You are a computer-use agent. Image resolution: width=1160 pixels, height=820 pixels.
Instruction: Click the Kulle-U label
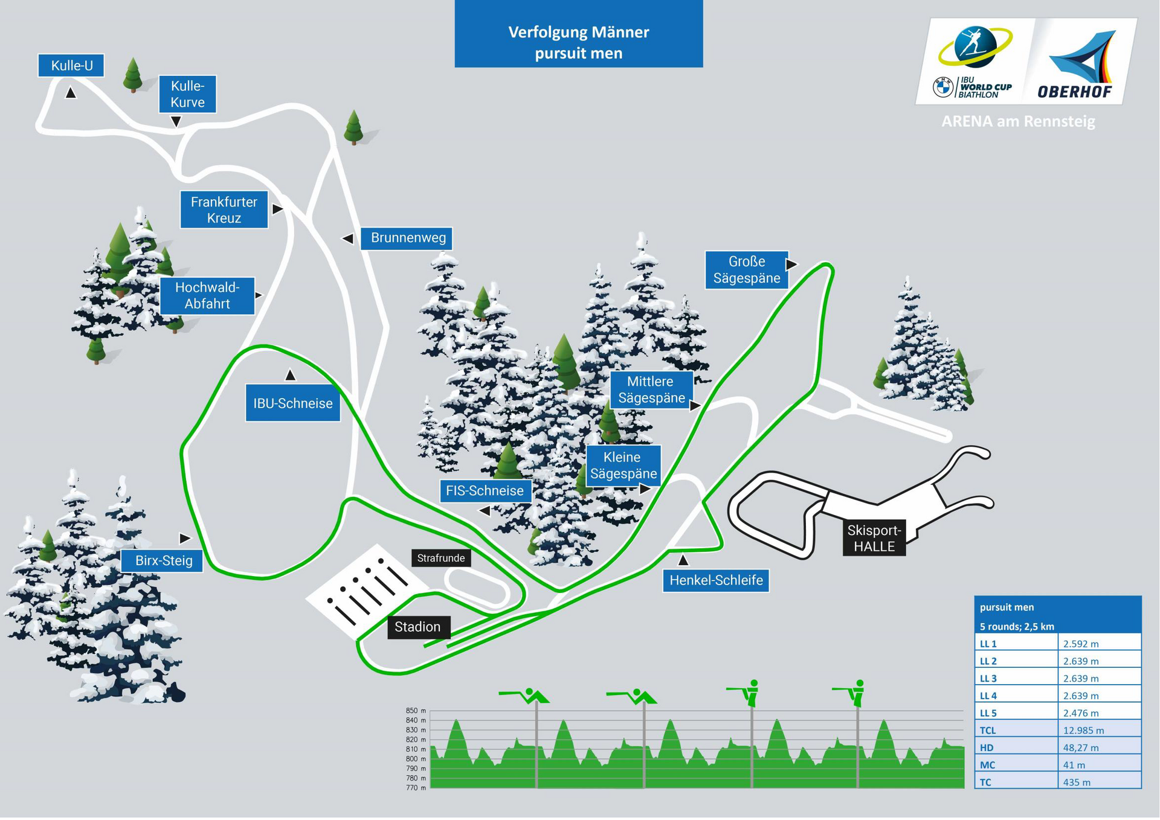71,66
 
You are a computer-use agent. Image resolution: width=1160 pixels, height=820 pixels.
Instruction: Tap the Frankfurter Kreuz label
224,210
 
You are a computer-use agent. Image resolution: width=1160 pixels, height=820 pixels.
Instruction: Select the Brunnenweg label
408,239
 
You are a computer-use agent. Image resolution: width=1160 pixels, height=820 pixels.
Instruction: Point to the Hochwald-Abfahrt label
207,296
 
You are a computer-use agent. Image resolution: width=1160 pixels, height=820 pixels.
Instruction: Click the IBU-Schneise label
293,404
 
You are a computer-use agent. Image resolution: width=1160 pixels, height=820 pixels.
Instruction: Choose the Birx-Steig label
163,561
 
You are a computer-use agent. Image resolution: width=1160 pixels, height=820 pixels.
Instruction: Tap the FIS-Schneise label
485,491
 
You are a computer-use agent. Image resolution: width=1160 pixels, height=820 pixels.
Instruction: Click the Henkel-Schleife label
716,581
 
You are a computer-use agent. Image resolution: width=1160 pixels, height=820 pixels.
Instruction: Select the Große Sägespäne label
747,270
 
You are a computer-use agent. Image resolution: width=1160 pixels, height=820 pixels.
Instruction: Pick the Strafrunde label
441,559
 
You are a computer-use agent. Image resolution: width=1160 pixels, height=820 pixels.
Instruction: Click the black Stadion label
417,627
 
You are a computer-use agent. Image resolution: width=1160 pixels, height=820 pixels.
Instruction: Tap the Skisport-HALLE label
874,539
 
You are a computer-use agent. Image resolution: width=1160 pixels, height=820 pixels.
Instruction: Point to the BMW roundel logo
942,88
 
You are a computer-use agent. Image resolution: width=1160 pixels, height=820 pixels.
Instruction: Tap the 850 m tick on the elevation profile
416,711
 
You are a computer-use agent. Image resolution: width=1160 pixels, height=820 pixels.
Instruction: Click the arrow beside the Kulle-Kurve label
176,122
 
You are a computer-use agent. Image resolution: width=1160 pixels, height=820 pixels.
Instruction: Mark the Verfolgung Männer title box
579,34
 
